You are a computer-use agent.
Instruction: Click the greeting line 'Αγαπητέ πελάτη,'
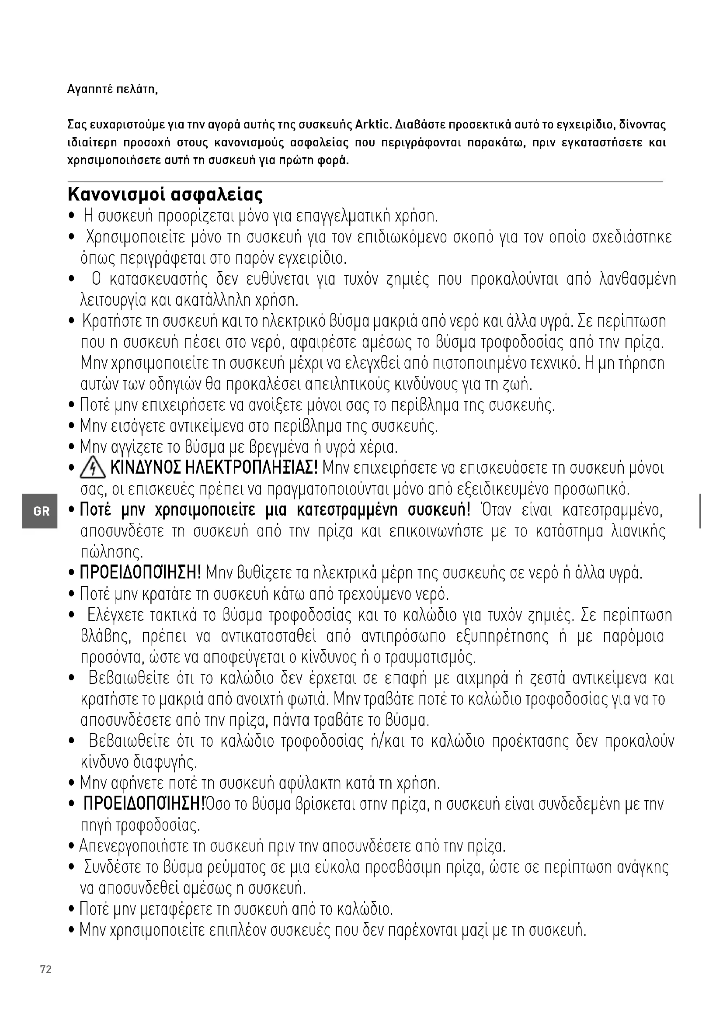pyautogui.click(x=113, y=89)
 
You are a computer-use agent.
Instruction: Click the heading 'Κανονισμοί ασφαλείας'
pyautogui.click(x=165, y=194)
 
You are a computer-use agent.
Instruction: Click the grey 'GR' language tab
pyautogui.click(x=41, y=511)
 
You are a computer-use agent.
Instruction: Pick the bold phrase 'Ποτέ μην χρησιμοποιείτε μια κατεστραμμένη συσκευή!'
pyautogui.click(x=275, y=510)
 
